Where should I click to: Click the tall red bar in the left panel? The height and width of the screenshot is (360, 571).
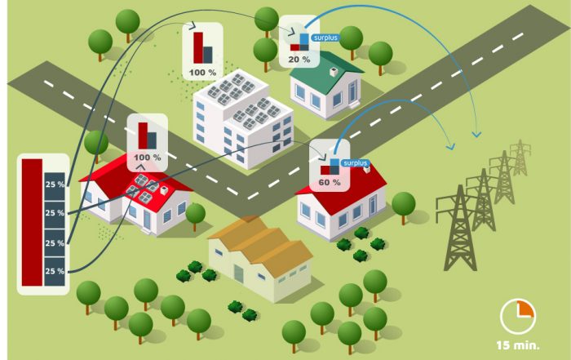point(32,222)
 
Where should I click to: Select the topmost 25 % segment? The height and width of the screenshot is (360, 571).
point(55,186)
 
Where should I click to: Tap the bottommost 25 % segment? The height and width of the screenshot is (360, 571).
point(55,272)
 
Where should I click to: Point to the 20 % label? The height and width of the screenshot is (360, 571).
point(299,60)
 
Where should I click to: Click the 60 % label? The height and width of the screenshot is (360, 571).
point(330,182)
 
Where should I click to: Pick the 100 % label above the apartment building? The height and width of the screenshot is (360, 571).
point(202,73)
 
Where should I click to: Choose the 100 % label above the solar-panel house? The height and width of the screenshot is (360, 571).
point(147,158)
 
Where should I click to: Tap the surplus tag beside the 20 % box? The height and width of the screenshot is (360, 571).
point(325,38)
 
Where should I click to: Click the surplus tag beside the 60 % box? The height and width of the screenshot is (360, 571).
point(355,163)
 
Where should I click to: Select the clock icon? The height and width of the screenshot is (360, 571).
point(517,317)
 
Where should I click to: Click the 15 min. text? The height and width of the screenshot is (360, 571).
point(518,345)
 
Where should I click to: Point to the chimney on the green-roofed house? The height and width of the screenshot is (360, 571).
point(333,72)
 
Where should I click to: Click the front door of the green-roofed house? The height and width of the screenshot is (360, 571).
point(352,91)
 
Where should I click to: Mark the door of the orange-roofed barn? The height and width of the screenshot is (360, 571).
point(238,274)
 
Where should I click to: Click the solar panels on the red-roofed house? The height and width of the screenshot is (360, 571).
point(142,189)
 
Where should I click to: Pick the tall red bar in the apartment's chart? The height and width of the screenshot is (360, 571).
point(198,47)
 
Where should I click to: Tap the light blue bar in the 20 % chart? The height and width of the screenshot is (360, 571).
point(304,39)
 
